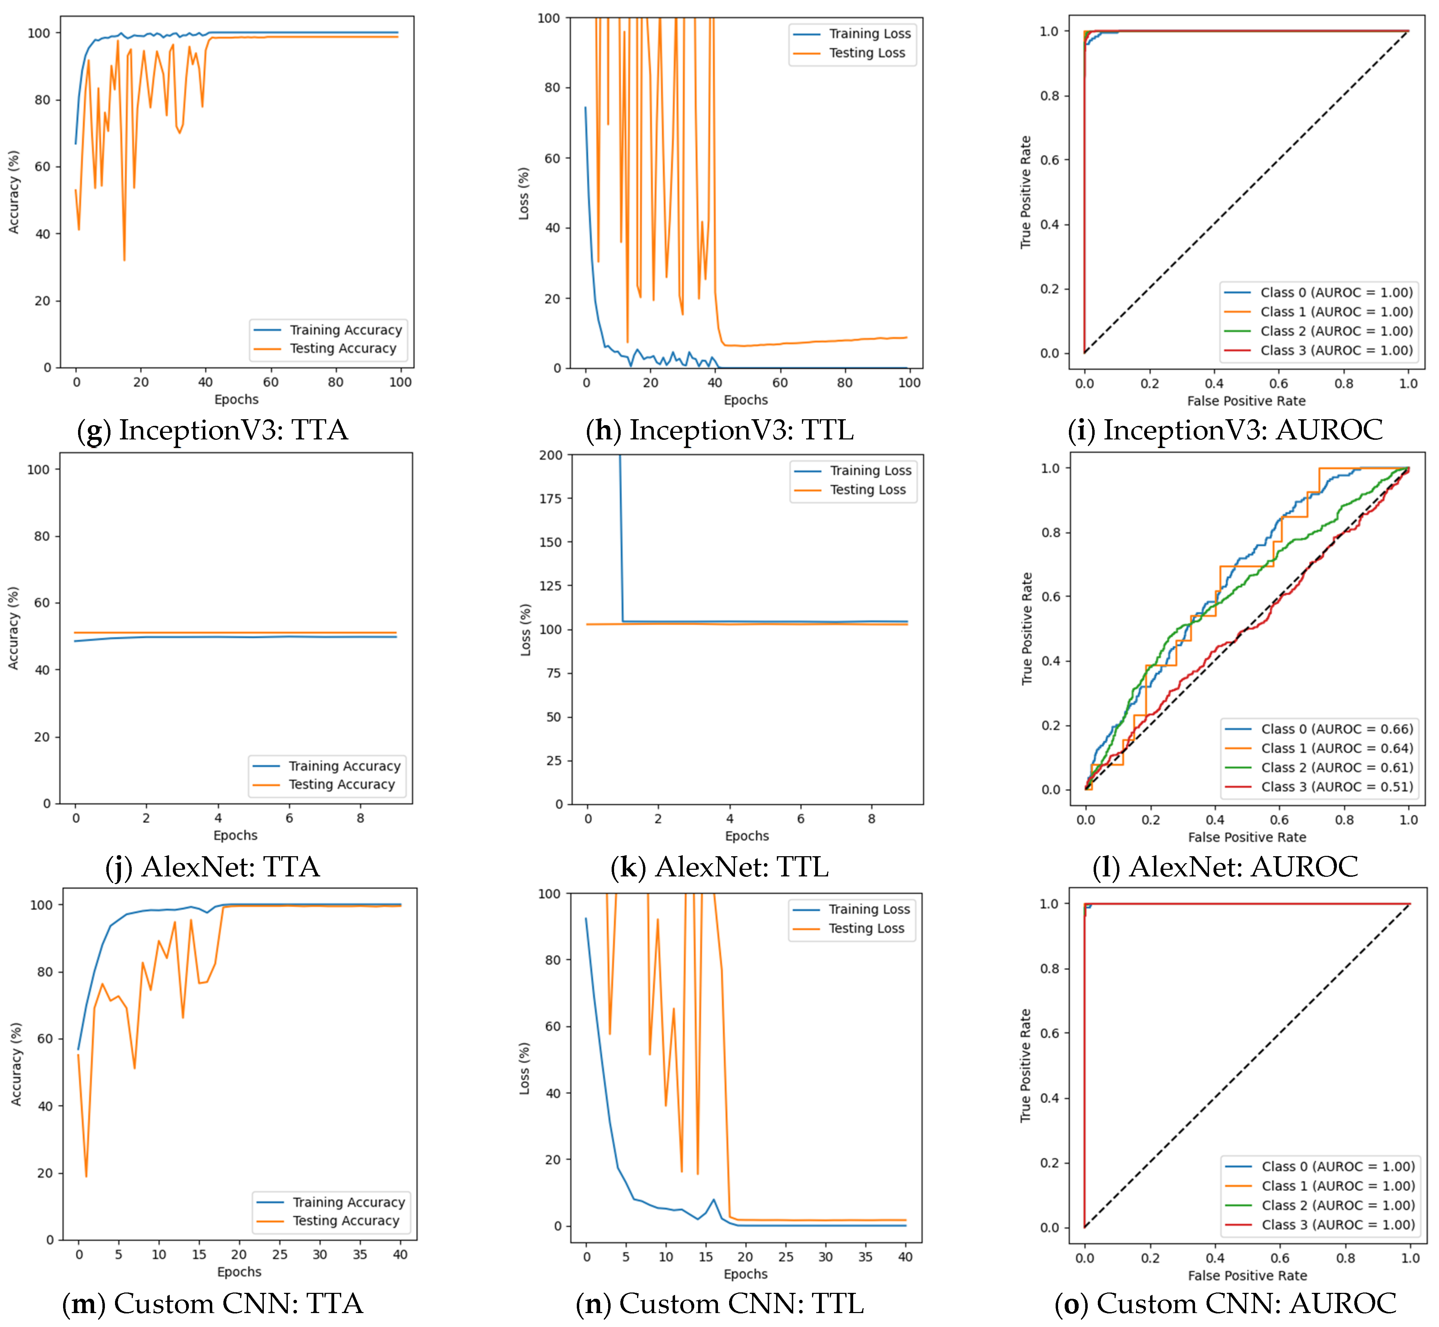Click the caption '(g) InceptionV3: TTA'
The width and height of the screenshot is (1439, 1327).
pos(213,430)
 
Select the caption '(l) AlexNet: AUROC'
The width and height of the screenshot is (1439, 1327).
pos(1225,867)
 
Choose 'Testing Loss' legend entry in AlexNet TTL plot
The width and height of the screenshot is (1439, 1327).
pos(867,490)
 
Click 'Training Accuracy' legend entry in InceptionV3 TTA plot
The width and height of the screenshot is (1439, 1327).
pos(345,330)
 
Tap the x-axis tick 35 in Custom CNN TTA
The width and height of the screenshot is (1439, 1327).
pos(360,1255)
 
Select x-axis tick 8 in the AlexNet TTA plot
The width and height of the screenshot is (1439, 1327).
pos(360,818)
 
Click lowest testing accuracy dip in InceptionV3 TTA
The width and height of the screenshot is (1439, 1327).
pos(124,260)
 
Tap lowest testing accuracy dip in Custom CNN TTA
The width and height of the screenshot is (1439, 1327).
pos(86,1176)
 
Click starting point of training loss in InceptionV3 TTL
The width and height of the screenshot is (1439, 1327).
pos(585,108)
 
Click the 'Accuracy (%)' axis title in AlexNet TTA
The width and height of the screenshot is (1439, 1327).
pos(14,628)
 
